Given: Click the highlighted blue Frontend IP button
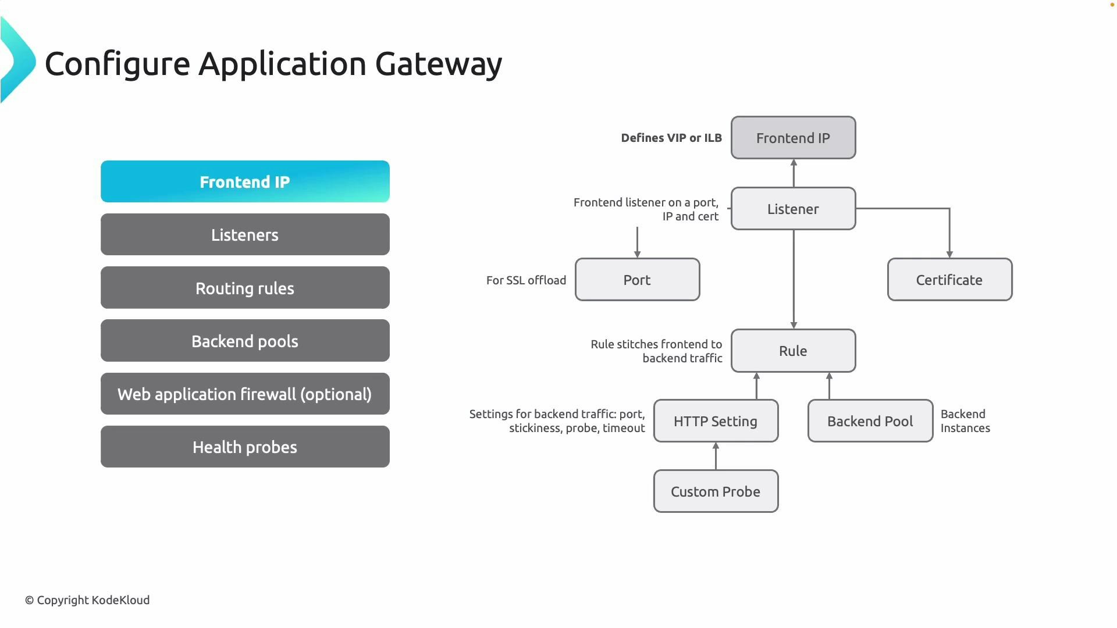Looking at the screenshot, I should click(245, 181).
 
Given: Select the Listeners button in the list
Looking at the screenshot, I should click(245, 234).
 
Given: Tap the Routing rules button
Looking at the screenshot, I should click(245, 288).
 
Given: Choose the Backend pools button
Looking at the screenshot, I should click(245, 341).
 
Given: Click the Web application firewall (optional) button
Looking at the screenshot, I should click(245, 394).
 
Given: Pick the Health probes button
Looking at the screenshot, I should click(245, 447).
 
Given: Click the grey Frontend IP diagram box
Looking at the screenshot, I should click(793, 138).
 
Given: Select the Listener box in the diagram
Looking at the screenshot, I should click(793, 209).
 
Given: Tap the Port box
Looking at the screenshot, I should click(637, 280).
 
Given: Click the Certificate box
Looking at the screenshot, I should click(949, 280).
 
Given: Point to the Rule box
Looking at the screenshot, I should click(793, 351).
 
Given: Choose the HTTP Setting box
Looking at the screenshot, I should click(716, 421).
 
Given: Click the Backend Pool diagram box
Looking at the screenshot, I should click(870, 421).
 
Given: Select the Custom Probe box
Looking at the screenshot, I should click(716, 491).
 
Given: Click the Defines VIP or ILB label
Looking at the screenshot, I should click(671, 138).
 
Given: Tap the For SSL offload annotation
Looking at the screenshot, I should click(526, 280).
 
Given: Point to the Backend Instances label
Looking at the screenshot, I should click(965, 421).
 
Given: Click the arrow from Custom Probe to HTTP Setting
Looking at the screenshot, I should click(716, 456).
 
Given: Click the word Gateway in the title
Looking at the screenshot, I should click(439, 64).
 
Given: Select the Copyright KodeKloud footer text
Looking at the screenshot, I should click(87, 600).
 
